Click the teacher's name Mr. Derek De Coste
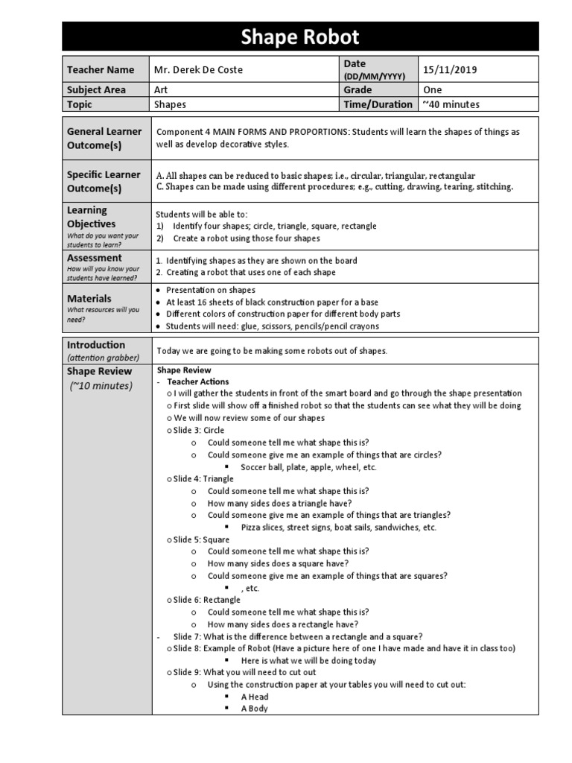pos(198,70)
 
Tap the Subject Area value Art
pos(161,89)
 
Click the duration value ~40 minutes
pos(451,104)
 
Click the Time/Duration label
pos(377,104)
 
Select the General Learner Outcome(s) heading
pos(104,138)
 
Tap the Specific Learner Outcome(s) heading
pos(104,181)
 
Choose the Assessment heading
pos(94,258)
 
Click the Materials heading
pos(89,298)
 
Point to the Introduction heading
pos(96,345)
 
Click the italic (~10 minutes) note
pos(101,385)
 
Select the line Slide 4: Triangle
pos(203,479)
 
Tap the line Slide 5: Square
pos(201,539)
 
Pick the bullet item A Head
pos(255,697)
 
